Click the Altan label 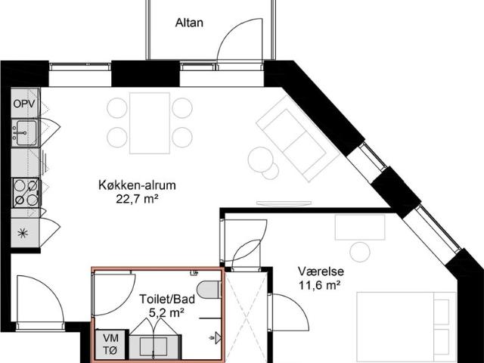190,23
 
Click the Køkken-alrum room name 132,186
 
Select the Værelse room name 316,271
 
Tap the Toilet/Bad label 167,299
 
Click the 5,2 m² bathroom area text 166,312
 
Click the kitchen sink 24,132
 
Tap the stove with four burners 26,192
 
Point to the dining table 150,123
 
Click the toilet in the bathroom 207,290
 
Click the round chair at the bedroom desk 360,252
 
